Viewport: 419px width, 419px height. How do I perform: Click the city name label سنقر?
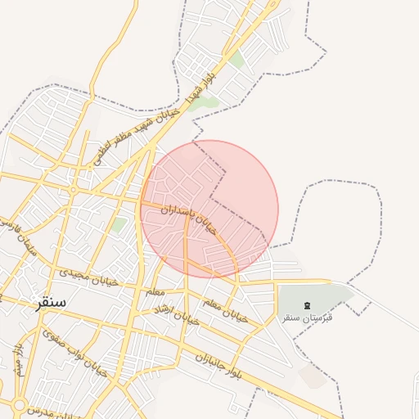50,302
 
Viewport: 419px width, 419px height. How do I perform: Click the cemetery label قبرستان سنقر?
306,317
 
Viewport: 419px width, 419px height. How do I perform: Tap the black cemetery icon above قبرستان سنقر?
307,305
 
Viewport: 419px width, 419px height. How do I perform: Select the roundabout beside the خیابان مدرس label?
18,404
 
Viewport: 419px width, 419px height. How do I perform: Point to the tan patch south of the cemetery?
313,376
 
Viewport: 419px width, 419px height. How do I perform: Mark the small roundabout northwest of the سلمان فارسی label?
74,190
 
